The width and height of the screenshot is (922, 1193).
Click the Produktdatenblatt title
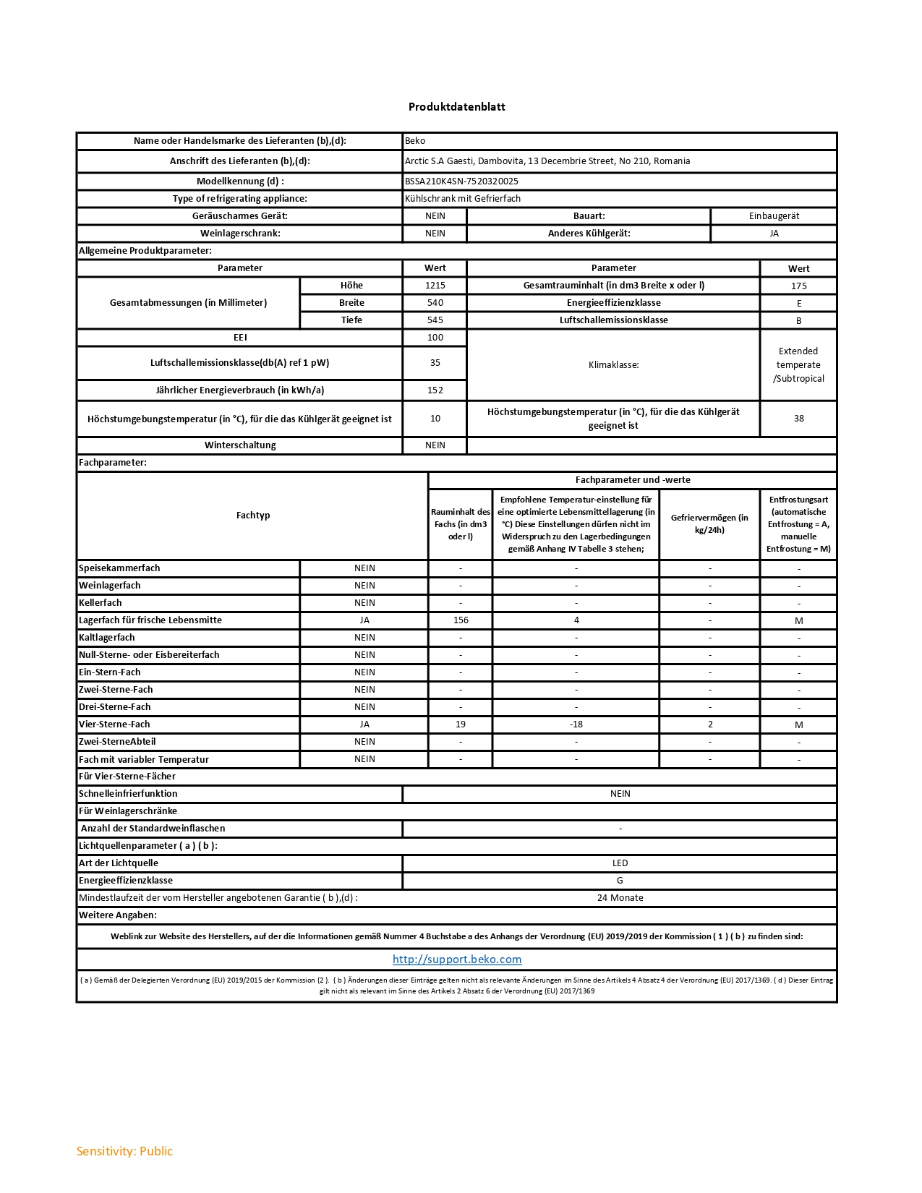tap(456, 107)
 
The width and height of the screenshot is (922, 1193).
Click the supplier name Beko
tap(415, 141)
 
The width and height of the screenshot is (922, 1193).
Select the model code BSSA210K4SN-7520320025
tap(461, 181)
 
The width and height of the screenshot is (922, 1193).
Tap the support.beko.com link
tap(457, 959)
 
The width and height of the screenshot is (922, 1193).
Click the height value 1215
tap(435, 286)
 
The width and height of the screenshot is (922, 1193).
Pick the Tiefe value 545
tap(435, 320)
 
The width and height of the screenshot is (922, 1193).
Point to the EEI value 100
tap(435, 338)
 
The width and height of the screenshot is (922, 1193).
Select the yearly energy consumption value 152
tap(435, 390)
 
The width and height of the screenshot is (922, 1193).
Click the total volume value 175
tap(798, 286)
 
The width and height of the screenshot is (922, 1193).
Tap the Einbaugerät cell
tap(774, 216)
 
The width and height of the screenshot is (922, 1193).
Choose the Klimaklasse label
tap(613, 365)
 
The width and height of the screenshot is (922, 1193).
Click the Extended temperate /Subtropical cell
tap(798, 365)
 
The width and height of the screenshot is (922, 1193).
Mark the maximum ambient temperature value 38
tap(798, 419)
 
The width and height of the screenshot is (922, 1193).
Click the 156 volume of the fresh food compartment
tap(461, 620)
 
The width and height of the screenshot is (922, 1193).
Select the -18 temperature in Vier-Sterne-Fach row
tap(576, 724)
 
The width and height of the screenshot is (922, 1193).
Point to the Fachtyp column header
tap(253, 516)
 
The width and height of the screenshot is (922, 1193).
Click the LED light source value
tap(620, 863)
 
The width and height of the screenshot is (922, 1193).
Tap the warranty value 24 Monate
tap(620, 898)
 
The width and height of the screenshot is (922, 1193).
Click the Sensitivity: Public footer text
tap(124, 1151)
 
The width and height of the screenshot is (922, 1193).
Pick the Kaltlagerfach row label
tap(107, 638)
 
